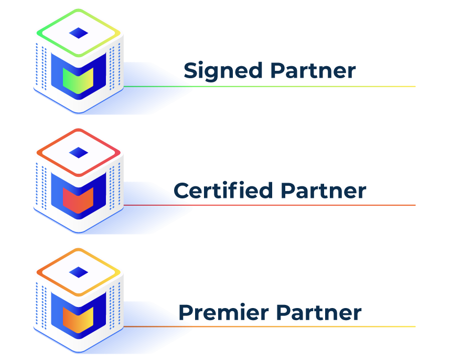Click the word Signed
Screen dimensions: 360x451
tap(223, 71)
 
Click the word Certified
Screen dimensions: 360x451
tap(223, 190)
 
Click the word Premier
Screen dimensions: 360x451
tap(223, 313)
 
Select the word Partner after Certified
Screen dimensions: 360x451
tap(323, 190)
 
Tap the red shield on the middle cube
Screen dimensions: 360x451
tap(77, 199)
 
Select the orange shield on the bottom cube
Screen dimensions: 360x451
tap(77, 319)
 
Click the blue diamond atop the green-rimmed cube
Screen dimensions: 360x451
tap(78, 33)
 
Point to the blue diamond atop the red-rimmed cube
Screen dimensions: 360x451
tap(78, 152)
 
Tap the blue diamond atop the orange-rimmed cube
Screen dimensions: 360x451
tap(78, 272)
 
